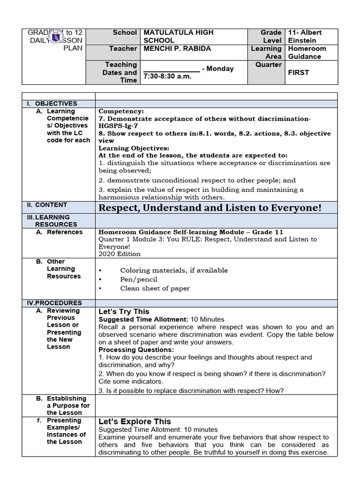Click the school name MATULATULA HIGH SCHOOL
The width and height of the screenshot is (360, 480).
pos(178,36)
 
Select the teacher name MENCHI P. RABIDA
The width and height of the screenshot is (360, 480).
pos(177,49)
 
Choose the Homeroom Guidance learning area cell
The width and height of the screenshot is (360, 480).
pos(307,52)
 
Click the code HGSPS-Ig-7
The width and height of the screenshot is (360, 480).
pos(120,126)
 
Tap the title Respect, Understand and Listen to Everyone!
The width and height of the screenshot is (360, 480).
pos(210,208)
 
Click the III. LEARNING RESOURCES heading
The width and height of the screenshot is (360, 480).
pos(52,221)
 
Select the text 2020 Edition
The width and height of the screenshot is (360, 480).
pos(120,254)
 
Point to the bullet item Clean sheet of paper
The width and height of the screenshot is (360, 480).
pos(155,288)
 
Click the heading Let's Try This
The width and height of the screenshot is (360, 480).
pos(124,312)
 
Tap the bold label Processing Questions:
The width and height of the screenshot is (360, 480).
pos(136,350)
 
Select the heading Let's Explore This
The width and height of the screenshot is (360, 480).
pos(135,421)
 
